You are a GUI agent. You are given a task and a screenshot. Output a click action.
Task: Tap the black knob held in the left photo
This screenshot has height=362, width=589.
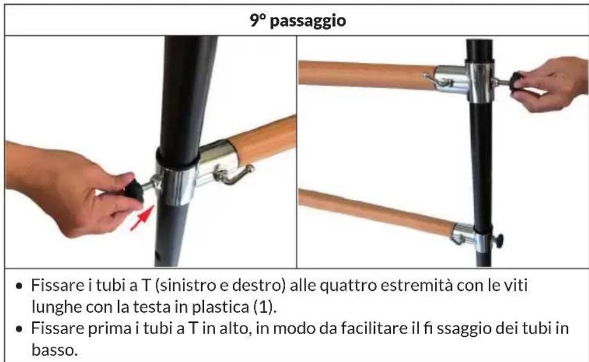pyautogui.click(x=132, y=191)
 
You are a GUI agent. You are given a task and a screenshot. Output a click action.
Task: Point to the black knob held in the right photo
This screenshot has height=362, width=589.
pyautogui.click(x=516, y=83)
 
